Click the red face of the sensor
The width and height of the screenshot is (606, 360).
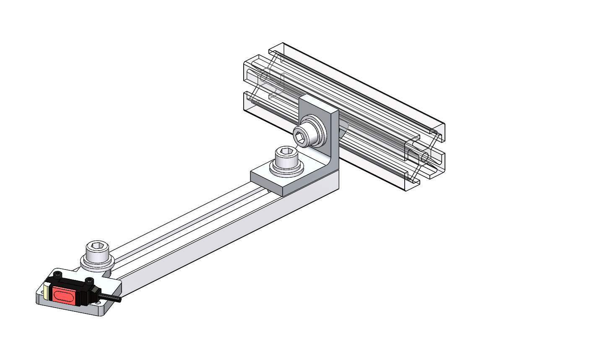[64, 296]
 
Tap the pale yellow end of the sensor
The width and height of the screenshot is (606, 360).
[47, 292]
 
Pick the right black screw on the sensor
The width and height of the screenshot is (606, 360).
[89, 280]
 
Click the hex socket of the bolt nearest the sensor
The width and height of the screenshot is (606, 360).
[97, 247]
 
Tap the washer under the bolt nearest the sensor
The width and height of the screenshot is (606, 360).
[97, 264]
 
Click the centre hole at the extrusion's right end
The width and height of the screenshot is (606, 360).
[425, 157]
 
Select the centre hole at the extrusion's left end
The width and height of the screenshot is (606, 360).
[264, 77]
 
